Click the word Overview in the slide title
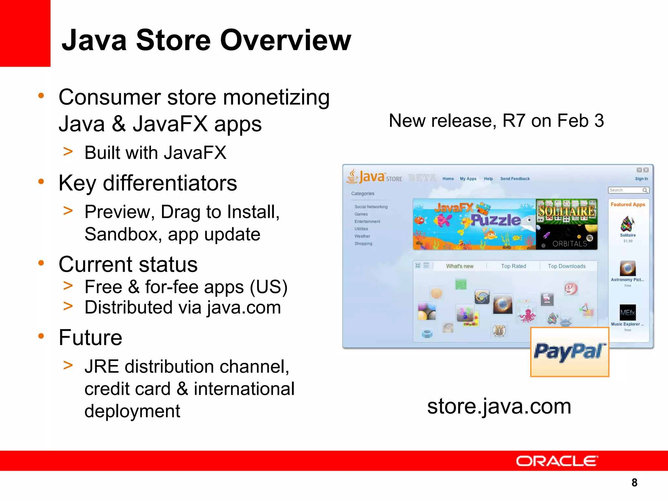(x=286, y=40)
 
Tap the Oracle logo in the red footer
(x=557, y=461)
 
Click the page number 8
(x=634, y=482)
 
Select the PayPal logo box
(x=569, y=352)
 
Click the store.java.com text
(x=499, y=406)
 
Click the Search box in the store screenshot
(x=625, y=190)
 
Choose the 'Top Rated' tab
(x=513, y=266)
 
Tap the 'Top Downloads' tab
(x=567, y=266)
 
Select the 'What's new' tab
(x=460, y=266)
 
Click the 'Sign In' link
(x=641, y=179)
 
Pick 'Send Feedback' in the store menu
(x=515, y=179)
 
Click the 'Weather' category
(x=362, y=236)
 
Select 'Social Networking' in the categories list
(x=371, y=207)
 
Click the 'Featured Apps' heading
(x=628, y=205)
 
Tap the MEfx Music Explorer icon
(x=628, y=312)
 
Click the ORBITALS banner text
(x=569, y=244)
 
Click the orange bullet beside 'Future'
(x=41, y=336)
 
